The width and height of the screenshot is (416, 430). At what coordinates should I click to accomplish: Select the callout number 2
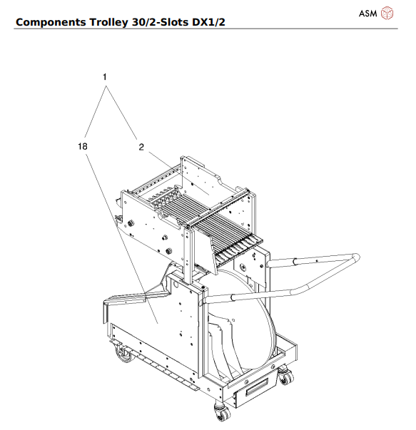(141, 148)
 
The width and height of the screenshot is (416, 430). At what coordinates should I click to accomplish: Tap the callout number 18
(83, 146)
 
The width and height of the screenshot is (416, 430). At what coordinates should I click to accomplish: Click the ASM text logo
(367, 13)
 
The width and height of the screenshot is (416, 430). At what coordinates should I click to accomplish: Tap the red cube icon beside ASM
(387, 13)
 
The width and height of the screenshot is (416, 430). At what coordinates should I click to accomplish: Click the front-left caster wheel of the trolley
(126, 357)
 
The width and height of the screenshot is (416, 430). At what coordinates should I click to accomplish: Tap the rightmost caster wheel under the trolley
(285, 376)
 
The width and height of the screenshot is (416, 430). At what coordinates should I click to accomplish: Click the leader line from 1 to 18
(94, 114)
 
